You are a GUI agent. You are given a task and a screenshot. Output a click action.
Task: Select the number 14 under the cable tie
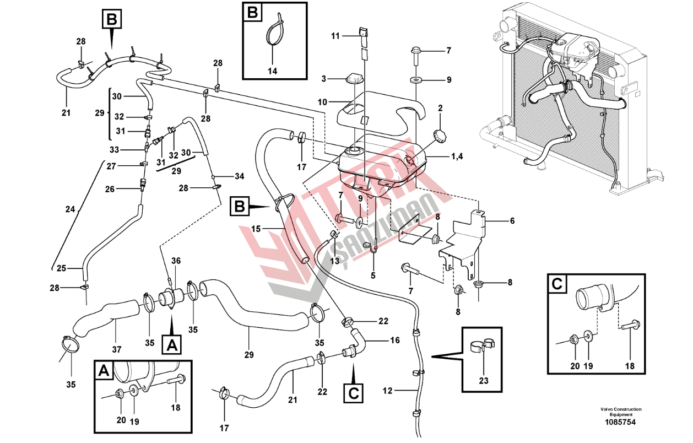click(273, 71)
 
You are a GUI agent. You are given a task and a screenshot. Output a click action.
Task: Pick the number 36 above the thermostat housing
click(176, 261)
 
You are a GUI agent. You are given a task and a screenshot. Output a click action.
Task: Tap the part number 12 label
click(388, 391)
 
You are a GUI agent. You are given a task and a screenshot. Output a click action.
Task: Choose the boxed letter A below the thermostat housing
click(172, 345)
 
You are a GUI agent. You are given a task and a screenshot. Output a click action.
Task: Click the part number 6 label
click(512, 221)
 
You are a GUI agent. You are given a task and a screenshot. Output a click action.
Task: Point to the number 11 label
click(335, 36)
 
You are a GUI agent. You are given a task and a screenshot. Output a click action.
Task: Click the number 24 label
click(69, 209)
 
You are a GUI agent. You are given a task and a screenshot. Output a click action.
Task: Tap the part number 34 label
click(239, 176)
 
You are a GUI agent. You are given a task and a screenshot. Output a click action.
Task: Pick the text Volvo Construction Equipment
click(621, 412)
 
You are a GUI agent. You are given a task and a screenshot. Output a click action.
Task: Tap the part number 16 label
click(395, 341)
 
